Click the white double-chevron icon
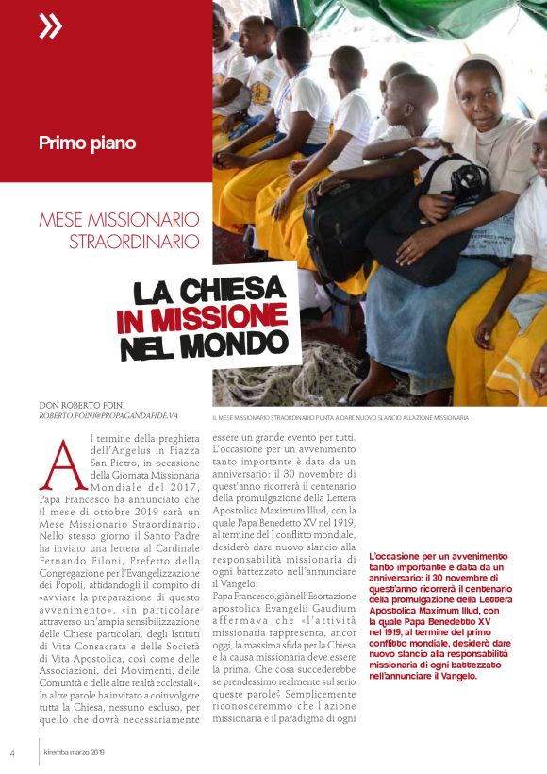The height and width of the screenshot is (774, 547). pos(50,26)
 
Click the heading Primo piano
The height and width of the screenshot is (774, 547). pos(87,143)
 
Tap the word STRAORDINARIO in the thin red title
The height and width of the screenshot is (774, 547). pos(134,242)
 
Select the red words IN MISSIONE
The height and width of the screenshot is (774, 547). pos(202,317)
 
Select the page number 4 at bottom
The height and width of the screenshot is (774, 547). pos(12,752)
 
